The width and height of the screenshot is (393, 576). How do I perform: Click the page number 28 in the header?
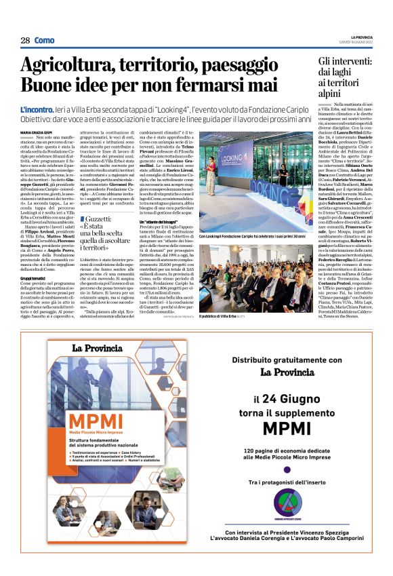[x=25, y=40]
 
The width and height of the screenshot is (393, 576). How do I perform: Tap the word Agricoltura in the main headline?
[x=65, y=66]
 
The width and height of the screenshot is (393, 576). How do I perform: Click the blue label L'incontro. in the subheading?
[x=37, y=109]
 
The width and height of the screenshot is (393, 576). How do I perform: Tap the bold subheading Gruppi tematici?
[x=33, y=278]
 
